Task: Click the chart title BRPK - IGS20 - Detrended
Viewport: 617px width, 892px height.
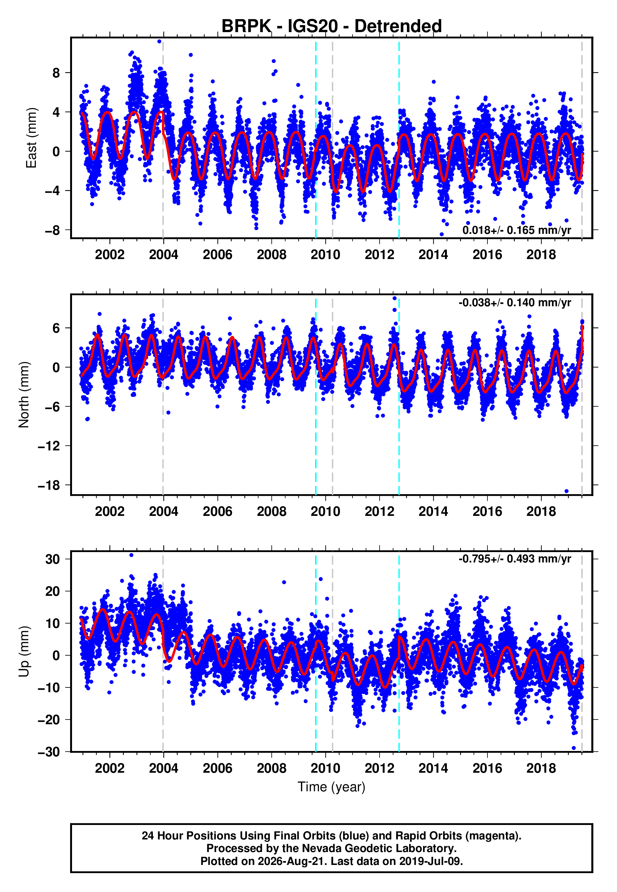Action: coord(331,26)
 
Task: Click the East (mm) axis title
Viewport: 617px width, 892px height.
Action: coord(31,138)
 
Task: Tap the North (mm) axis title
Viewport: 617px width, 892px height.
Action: coord(24,395)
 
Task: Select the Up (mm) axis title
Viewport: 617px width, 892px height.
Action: coord(24,652)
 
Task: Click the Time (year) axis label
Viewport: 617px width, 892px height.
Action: coord(331,787)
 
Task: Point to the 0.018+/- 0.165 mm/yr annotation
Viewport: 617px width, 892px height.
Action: coord(516,230)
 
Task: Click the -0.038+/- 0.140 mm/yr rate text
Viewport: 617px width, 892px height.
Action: coord(514,302)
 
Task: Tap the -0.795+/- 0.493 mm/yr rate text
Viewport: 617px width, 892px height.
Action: coord(514,559)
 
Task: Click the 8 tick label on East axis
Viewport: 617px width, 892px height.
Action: coord(56,73)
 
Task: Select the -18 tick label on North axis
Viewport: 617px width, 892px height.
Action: coord(49,485)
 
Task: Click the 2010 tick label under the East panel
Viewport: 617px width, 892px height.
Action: coord(325,255)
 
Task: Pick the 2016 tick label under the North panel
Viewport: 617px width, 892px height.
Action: coord(487,511)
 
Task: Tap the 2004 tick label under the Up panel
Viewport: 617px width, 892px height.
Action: coord(164,768)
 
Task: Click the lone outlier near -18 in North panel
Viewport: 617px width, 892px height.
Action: coord(566,491)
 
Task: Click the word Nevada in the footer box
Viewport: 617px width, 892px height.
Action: coord(319,848)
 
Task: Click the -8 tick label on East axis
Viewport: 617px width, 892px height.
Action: coord(53,230)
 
